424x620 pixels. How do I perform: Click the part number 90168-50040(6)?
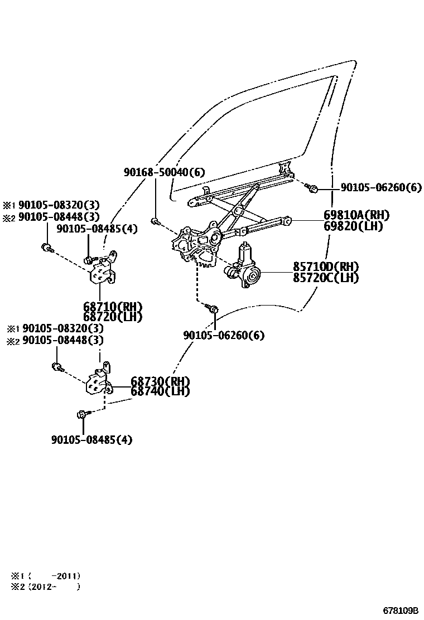click(x=164, y=173)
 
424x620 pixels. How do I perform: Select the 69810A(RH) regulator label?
click(x=356, y=215)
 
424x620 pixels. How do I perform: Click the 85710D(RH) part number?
click(x=326, y=267)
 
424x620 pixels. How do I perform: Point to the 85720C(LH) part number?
click(x=326, y=277)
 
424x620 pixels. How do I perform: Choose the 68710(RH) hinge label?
click(x=113, y=307)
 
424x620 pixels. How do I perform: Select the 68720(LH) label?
click(x=113, y=316)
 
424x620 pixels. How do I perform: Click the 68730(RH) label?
click(x=160, y=381)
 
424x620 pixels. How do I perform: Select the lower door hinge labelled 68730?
click(x=99, y=382)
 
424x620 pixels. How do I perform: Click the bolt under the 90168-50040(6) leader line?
click(x=157, y=222)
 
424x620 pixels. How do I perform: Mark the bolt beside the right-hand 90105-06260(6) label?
click(x=312, y=188)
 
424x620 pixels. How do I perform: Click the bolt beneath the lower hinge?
click(x=83, y=414)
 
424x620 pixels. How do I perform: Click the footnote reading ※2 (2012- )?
click(x=46, y=587)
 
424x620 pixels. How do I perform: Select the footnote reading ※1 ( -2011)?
click(x=46, y=575)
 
